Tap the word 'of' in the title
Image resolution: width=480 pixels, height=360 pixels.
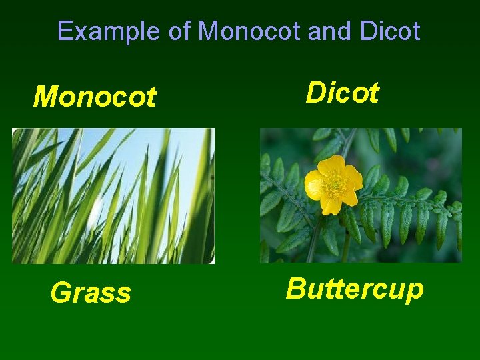(179, 31)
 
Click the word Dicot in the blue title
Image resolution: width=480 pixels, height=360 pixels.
(389, 31)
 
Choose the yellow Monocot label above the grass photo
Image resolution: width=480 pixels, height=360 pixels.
(95, 97)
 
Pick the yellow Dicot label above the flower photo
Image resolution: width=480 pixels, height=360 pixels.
(342, 93)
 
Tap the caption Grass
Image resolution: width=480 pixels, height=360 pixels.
(91, 293)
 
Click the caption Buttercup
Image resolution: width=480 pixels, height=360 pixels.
(355, 289)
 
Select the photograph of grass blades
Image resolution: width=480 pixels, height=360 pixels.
(113, 195)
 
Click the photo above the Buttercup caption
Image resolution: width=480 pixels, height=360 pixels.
(360, 195)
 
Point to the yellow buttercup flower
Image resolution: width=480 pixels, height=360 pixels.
(333, 185)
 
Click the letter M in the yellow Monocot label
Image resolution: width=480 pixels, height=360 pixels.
(44, 97)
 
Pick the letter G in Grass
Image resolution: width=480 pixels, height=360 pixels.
(60, 293)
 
